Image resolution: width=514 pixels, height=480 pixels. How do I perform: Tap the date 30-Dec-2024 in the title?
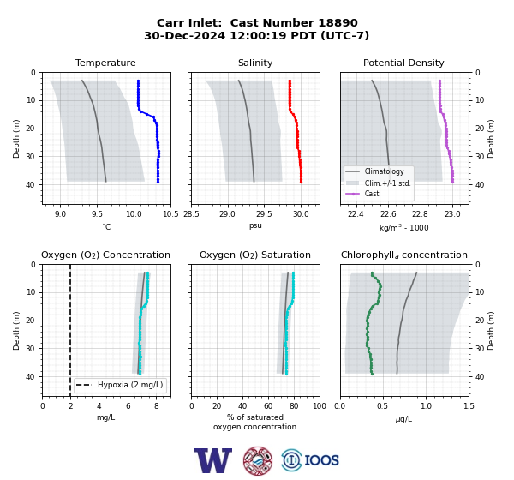(x=185, y=35)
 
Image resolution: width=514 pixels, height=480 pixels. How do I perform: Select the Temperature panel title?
(x=105, y=63)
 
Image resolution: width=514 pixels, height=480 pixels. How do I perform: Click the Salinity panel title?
(x=255, y=63)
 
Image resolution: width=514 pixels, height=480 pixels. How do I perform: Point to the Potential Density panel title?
(x=403, y=63)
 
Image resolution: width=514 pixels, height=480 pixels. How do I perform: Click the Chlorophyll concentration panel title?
(x=404, y=255)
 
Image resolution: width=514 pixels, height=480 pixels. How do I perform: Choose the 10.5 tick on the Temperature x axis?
(x=170, y=214)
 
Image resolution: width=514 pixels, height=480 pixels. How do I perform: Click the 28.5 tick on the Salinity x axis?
(x=191, y=214)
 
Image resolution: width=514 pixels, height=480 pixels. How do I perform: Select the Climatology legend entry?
(x=384, y=171)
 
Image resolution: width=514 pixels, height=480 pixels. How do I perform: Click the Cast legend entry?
(x=372, y=194)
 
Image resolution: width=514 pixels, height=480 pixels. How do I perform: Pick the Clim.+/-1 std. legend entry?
(x=387, y=183)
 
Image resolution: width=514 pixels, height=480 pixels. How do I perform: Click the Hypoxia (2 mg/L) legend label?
(x=130, y=385)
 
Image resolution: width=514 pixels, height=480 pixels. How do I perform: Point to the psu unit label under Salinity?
(x=255, y=225)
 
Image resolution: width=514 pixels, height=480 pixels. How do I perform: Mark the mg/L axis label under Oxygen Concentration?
(x=105, y=417)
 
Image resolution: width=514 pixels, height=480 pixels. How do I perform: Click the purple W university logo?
(x=213, y=460)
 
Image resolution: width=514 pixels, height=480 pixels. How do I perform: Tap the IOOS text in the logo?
(x=321, y=460)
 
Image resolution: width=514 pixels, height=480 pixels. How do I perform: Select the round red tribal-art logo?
(x=258, y=460)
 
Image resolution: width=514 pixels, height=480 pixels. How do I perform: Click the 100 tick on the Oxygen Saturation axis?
(x=320, y=406)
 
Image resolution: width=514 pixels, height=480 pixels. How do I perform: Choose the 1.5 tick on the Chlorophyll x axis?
(x=469, y=406)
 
